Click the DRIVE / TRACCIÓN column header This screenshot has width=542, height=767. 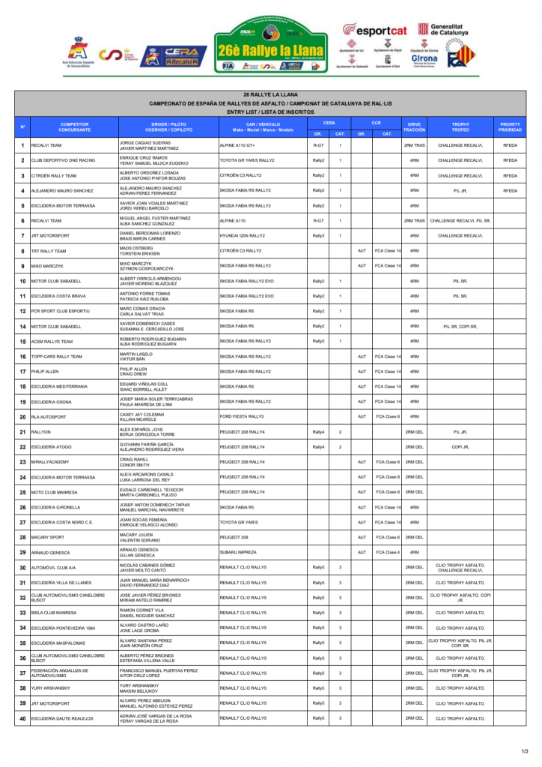(415, 127)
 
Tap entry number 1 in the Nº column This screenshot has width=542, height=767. (23, 145)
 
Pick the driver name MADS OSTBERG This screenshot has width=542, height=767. (135, 248)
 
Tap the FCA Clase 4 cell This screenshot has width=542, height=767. (387, 552)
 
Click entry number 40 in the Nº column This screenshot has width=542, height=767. (23, 718)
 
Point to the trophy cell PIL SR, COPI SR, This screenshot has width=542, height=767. (460, 327)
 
